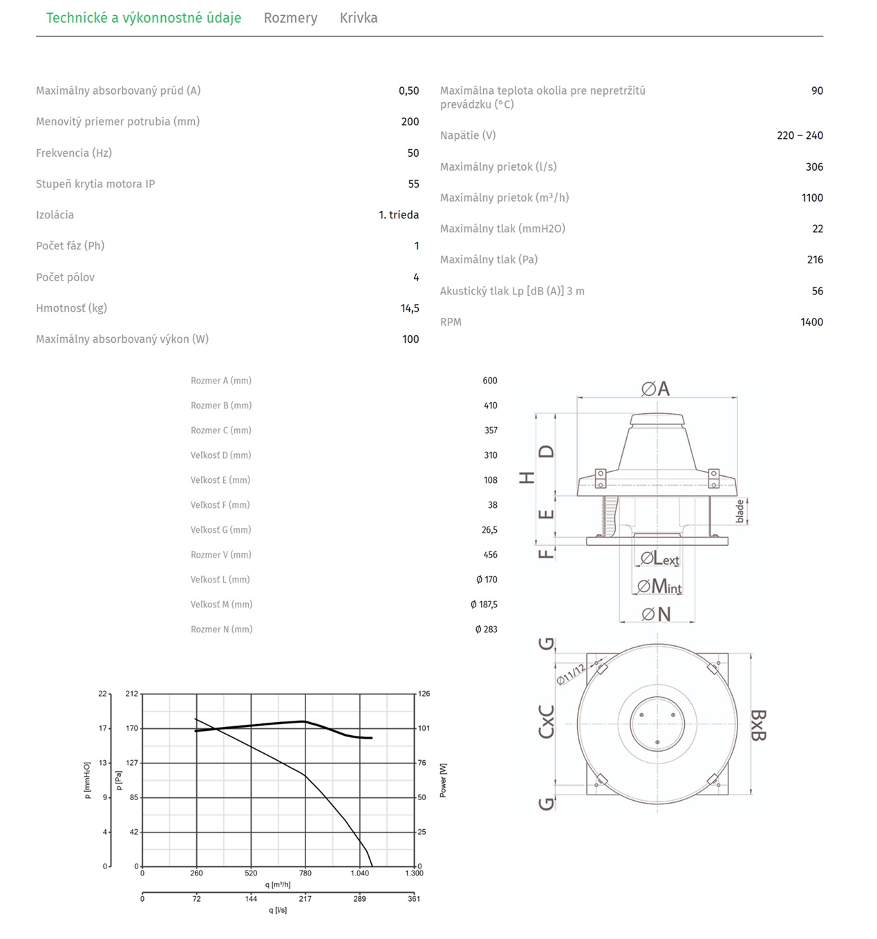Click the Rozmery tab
click(290, 18)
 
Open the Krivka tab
click(358, 18)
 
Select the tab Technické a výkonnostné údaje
click(144, 18)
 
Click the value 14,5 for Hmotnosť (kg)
click(410, 308)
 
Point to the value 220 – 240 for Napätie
click(800, 135)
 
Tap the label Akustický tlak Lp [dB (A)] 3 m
click(512, 291)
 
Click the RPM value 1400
click(811, 322)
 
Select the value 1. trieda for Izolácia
click(399, 215)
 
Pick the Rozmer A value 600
click(490, 381)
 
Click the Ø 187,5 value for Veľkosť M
click(484, 605)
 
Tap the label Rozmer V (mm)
click(221, 555)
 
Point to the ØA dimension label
click(656, 389)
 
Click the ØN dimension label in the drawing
click(656, 614)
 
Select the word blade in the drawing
click(740, 511)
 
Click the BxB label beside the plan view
click(758, 725)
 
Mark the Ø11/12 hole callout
click(571, 674)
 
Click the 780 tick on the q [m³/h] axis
click(305, 873)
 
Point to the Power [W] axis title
click(443, 780)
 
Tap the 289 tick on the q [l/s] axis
click(359, 899)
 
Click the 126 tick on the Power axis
click(424, 694)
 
